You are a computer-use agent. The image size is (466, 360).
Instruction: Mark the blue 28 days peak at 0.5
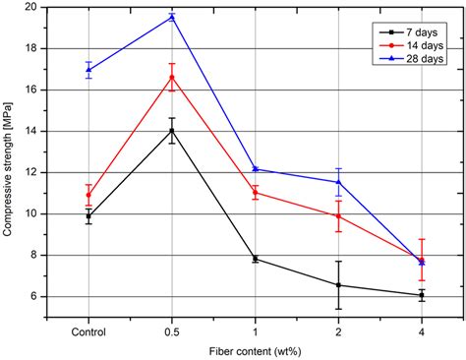click(x=172, y=17)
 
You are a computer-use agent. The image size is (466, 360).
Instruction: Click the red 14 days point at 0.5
click(x=172, y=78)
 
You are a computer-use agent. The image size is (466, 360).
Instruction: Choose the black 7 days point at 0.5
click(x=172, y=130)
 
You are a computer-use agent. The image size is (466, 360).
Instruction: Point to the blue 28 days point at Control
click(x=88, y=70)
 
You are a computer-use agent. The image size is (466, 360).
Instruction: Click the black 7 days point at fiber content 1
click(x=256, y=259)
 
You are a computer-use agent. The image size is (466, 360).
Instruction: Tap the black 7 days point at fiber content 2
click(x=338, y=285)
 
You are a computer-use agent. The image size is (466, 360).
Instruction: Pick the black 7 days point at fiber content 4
click(x=422, y=295)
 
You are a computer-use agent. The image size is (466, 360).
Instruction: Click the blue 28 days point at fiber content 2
click(x=338, y=182)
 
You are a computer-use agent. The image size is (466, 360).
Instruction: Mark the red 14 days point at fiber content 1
click(x=256, y=193)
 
